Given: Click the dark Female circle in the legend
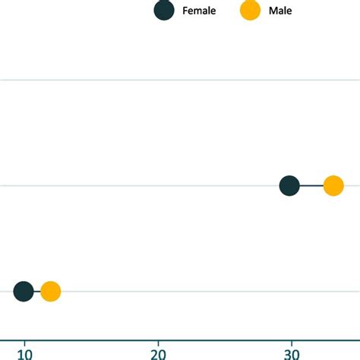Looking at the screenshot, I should [163, 11].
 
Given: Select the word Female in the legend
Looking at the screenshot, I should [199, 11].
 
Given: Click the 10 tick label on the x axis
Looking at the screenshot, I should [25, 353].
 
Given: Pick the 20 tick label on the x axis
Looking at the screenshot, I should [158, 353].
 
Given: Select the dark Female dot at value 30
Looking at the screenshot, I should [289, 185].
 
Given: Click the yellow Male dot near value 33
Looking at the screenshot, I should [333, 185].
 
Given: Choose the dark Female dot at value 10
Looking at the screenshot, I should [24, 291].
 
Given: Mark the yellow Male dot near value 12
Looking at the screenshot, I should [51, 291].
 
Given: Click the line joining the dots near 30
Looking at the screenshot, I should [311, 185].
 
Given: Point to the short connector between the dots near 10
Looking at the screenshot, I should [37, 291].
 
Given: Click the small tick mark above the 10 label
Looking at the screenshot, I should [25, 342].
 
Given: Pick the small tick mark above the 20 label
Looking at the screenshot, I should [158, 342].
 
